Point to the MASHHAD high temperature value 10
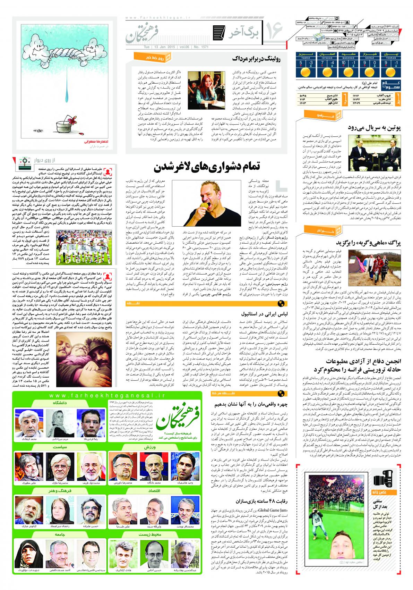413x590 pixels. pos(343,63)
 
